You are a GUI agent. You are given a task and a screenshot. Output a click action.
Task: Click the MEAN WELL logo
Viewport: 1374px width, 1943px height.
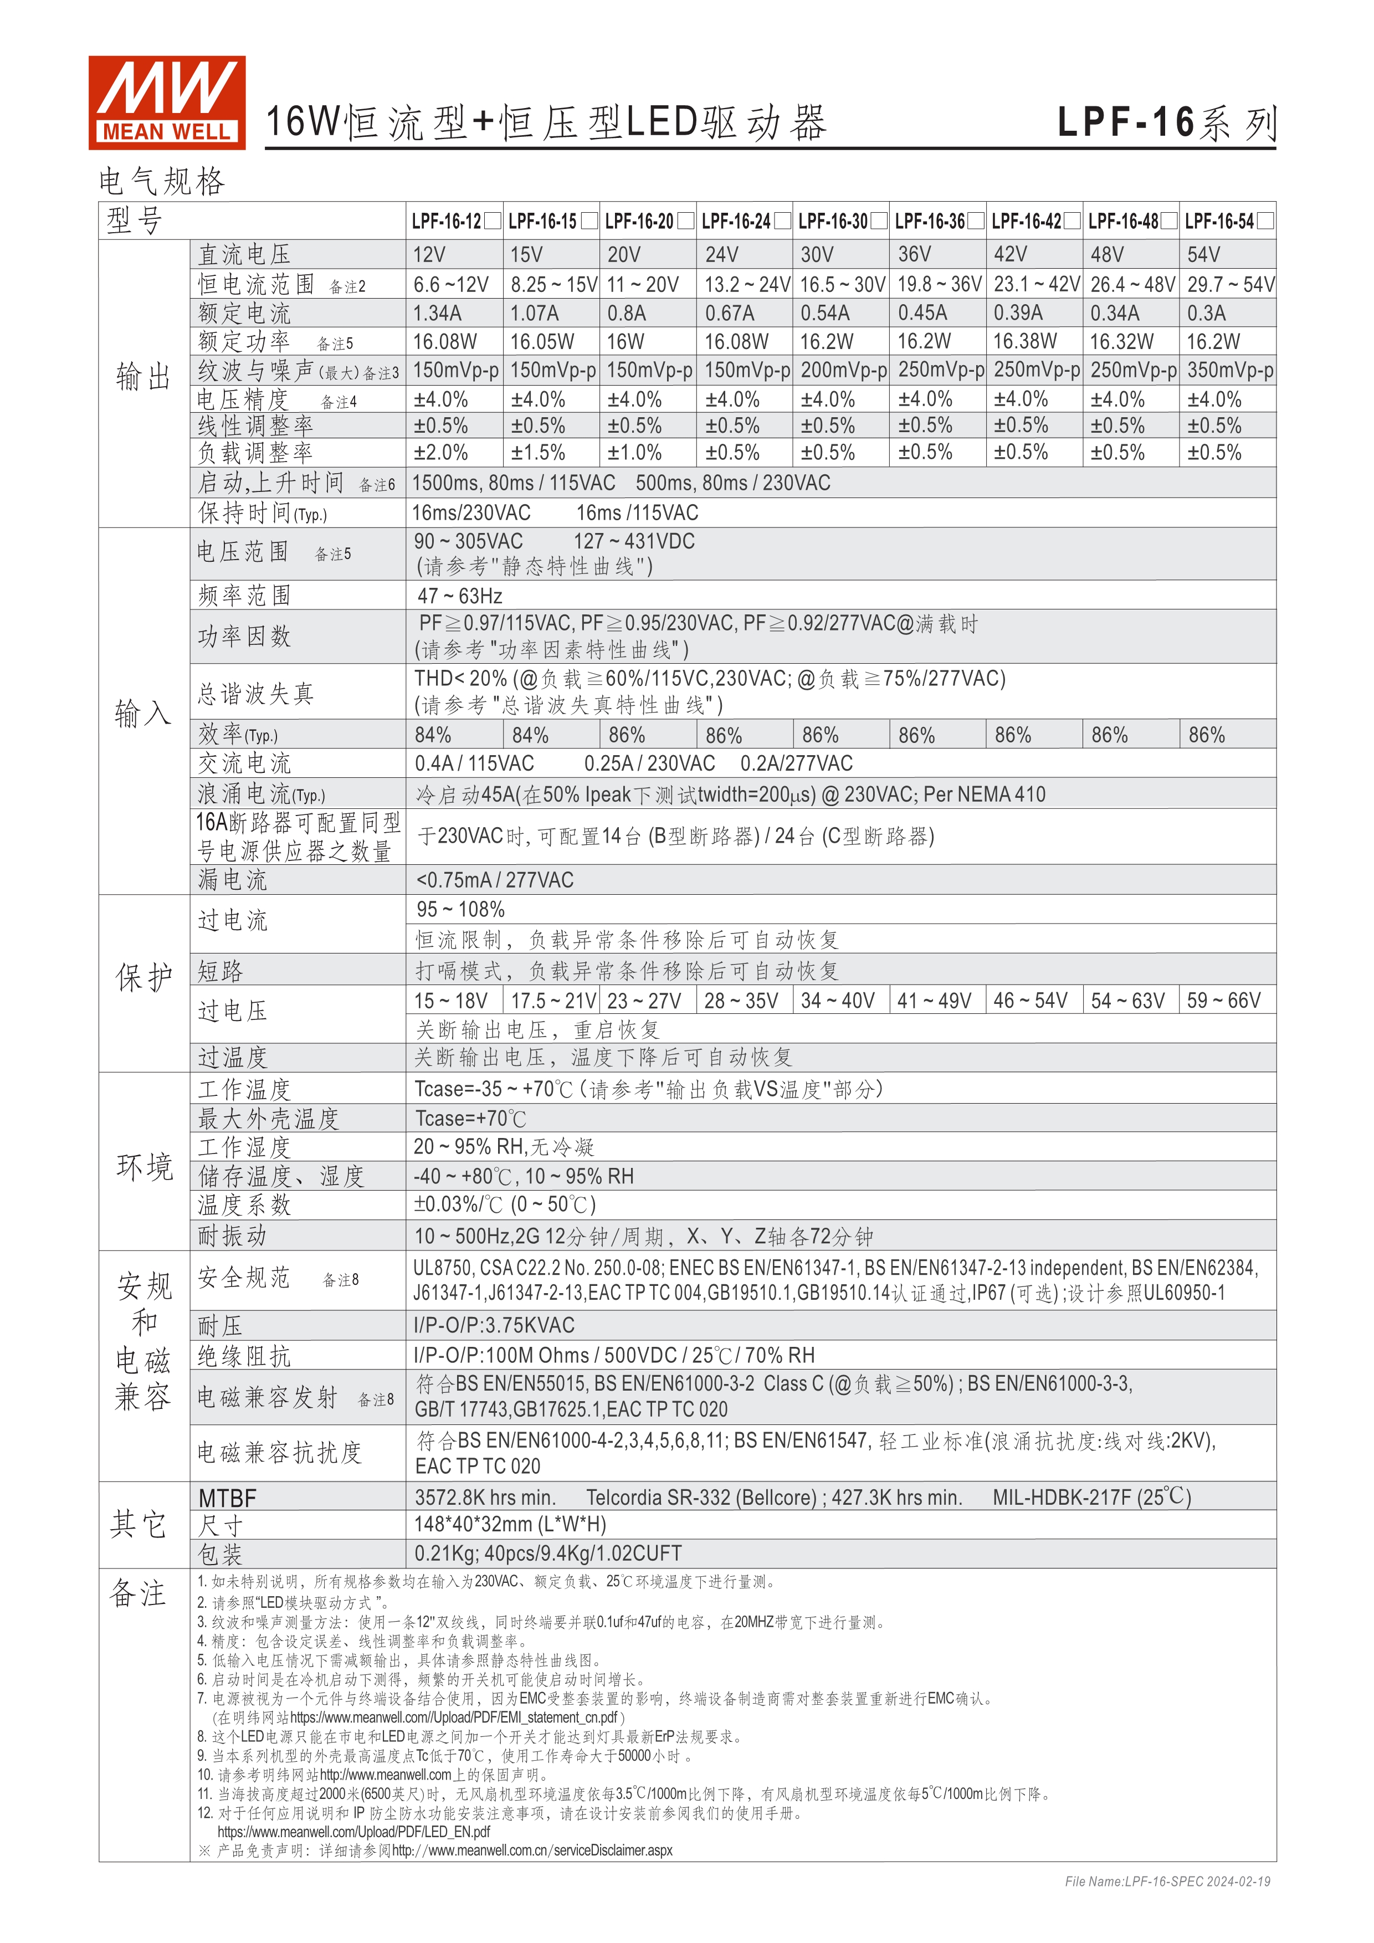coord(167,102)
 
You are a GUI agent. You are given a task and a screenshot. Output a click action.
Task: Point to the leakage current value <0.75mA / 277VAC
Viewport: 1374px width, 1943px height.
coord(494,880)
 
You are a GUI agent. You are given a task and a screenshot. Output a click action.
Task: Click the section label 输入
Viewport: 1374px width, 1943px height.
coord(143,712)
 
